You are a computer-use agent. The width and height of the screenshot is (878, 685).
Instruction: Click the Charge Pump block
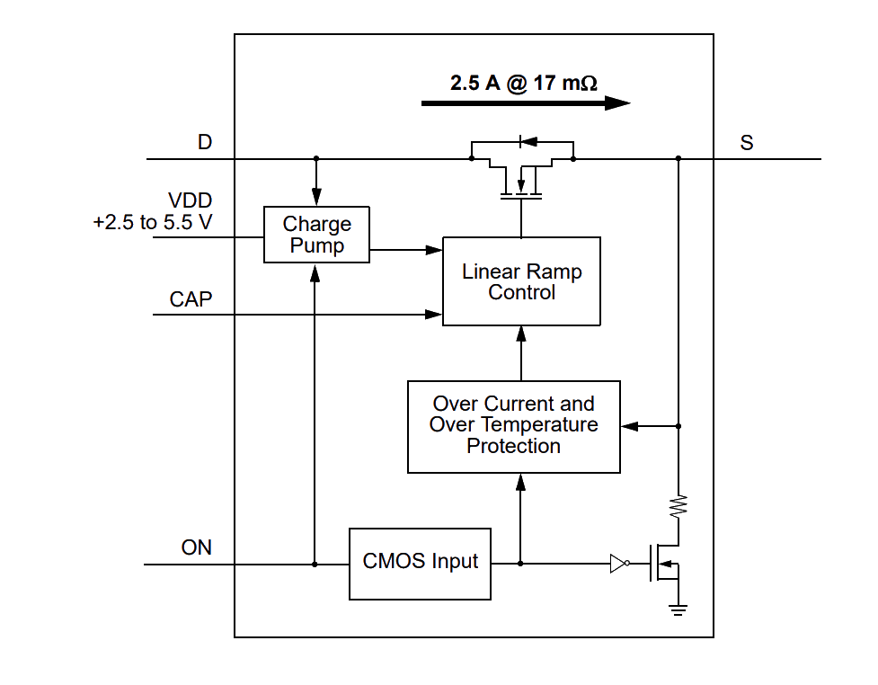(316, 235)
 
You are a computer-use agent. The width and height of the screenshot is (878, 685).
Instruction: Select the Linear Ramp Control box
(521, 281)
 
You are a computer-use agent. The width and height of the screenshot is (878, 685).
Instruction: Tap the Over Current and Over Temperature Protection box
(513, 427)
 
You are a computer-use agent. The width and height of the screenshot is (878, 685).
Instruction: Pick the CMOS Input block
(420, 564)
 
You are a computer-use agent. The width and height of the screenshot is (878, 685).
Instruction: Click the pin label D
(205, 142)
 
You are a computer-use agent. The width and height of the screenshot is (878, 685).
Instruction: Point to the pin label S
(747, 143)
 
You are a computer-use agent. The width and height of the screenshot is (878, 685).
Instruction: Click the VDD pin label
(190, 200)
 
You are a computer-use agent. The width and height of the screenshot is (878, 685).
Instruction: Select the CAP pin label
(191, 299)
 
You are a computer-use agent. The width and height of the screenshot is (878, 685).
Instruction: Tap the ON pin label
(197, 547)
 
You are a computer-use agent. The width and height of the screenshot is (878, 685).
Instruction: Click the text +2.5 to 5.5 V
(153, 222)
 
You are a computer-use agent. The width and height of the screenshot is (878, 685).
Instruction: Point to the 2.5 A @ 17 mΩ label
(524, 83)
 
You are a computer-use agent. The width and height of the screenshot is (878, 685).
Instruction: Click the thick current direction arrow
(526, 103)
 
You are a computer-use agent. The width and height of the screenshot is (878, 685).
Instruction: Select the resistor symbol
(678, 506)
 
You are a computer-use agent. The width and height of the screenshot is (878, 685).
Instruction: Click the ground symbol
(678, 610)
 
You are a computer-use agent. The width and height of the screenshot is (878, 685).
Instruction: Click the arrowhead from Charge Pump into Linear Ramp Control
(434, 250)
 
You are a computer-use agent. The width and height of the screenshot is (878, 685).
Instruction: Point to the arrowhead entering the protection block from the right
(629, 426)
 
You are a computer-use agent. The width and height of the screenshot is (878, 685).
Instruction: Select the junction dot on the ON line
(315, 564)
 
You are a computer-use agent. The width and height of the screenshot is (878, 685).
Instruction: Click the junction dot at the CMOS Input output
(520, 564)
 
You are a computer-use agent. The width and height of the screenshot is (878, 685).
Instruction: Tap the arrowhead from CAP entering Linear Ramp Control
(434, 315)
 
